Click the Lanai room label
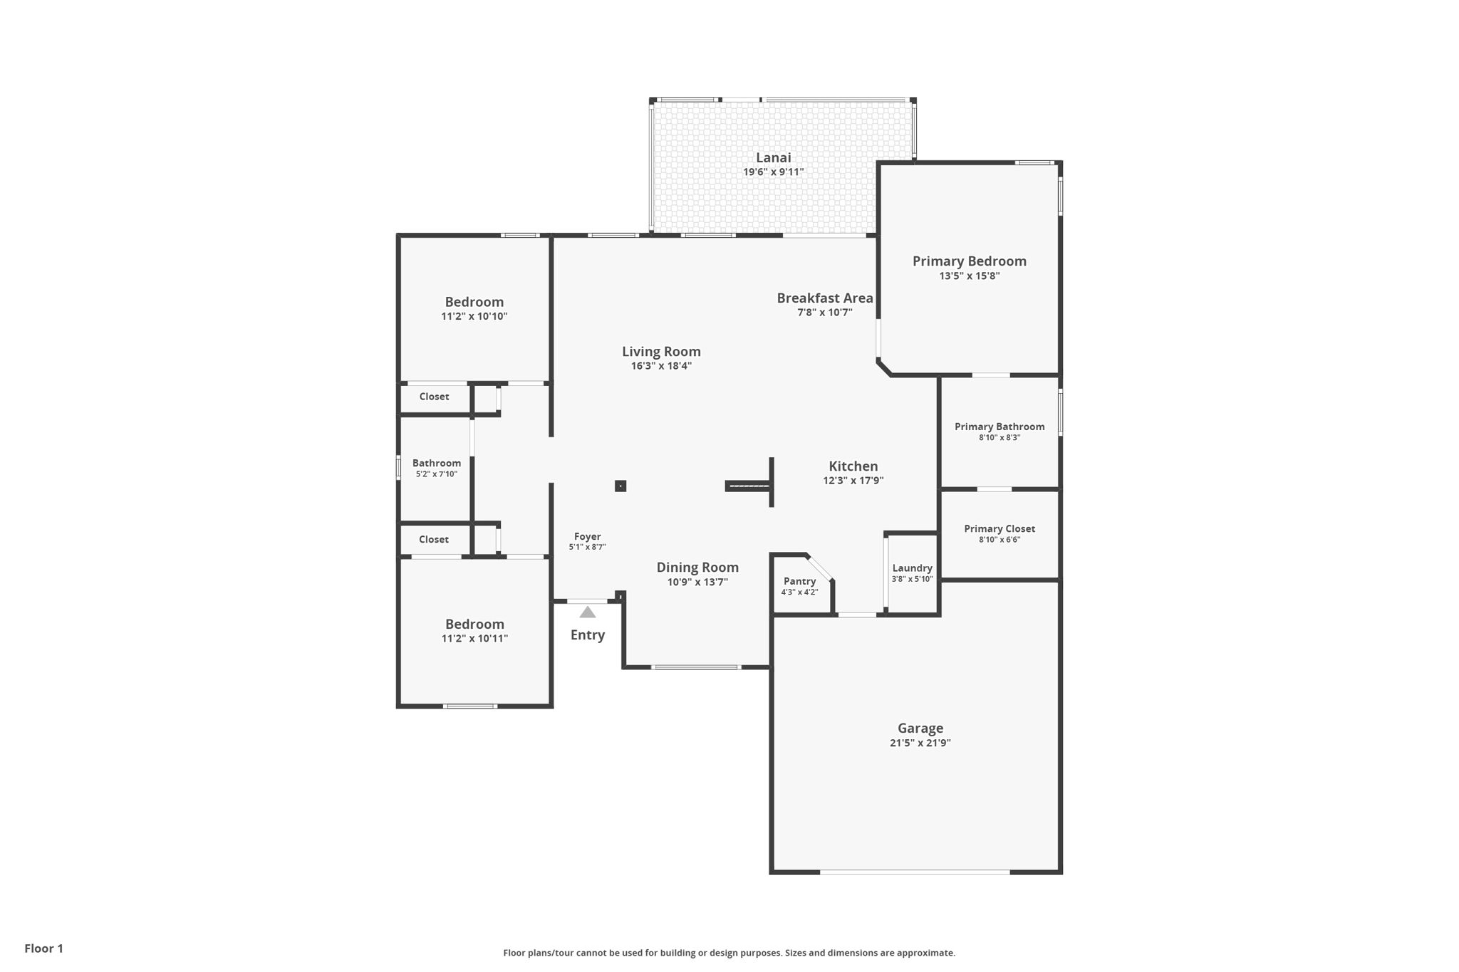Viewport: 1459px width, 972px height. point(773,158)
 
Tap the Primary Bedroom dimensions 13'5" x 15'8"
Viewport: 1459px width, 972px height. point(969,276)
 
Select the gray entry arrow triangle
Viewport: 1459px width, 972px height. point(587,612)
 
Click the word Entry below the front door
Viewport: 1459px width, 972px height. point(587,635)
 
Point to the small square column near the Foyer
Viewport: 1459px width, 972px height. point(621,486)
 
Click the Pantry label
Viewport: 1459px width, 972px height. point(799,581)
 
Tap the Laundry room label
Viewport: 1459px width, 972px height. point(912,568)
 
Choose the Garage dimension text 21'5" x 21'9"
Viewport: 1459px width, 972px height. point(920,743)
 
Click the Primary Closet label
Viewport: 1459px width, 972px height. point(999,528)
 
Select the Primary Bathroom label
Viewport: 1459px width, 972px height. point(999,427)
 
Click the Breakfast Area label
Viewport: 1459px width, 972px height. point(824,298)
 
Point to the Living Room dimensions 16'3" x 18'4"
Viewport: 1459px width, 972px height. point(660,366)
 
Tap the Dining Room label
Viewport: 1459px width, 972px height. point(697,568)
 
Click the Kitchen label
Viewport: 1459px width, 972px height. point(853,466)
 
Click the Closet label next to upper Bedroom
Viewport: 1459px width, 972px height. point(433,397)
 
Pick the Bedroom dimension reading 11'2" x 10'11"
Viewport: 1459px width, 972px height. point(474,639)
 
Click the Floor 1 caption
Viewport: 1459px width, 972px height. point(43,949)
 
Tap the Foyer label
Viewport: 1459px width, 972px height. point(587,537)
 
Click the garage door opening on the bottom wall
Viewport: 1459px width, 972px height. point(915,872)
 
